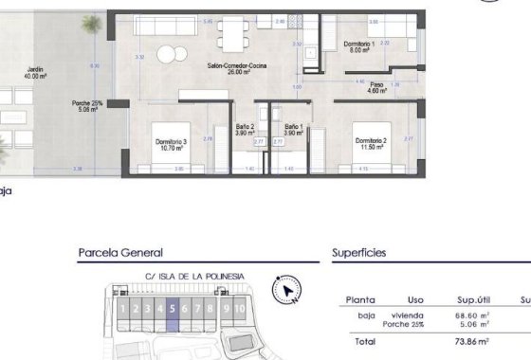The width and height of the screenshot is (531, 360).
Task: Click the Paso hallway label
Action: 377,85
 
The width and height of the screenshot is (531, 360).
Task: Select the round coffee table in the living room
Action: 168,52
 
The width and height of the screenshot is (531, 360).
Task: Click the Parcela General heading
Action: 120,253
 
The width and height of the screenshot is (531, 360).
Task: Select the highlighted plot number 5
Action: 173,308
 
